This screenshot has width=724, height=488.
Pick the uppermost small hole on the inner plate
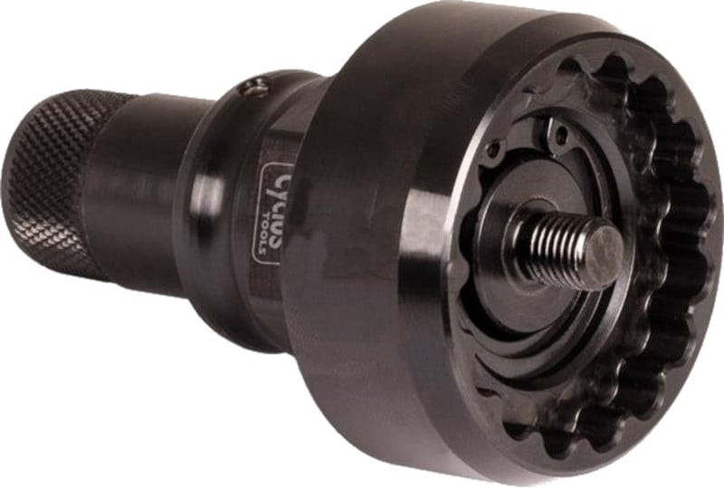pos(558,136)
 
